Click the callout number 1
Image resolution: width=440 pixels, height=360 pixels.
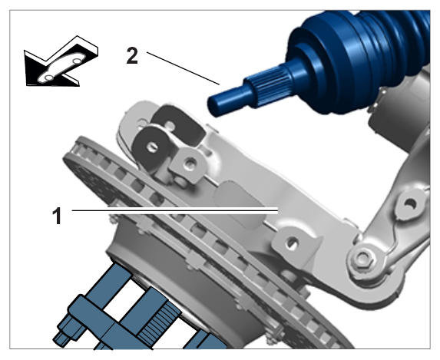(x=57, y=216)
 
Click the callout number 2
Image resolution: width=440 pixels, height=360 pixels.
(x=132, y=55)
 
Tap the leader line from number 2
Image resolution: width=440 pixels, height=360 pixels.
(x=183, y=68)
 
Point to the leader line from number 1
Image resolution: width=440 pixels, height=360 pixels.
(x=175, y=210)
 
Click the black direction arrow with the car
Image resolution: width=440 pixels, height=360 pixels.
(x=61, y=61)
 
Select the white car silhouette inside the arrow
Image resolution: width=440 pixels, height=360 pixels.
(x=61, y=68)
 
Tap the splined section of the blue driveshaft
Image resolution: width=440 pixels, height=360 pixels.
(x=270, y=87)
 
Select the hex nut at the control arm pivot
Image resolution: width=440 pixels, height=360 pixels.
(x=363, y=258)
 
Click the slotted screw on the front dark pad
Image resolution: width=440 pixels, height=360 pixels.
(x=152, y=147)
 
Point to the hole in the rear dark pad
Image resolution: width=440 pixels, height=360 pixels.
(x=170, y=125)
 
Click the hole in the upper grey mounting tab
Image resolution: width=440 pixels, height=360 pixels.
(x=190, y=163)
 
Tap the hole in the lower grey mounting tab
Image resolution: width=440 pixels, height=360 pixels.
(x=292, y=243)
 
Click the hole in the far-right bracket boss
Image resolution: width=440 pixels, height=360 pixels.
(x=410, y=204)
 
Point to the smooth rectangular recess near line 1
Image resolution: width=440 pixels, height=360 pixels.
(x=239, y=203)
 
